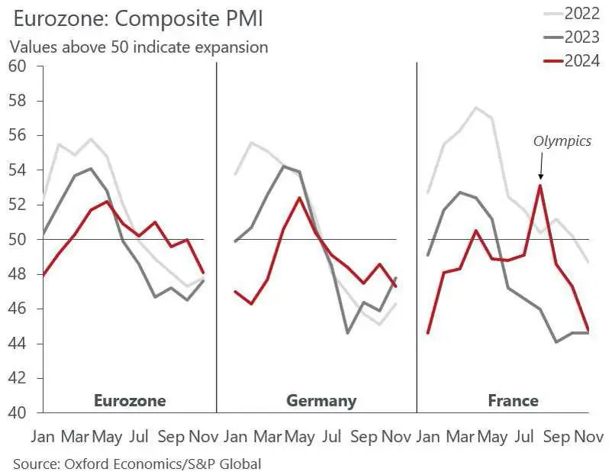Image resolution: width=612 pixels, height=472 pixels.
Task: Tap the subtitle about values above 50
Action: [x=139, y=47]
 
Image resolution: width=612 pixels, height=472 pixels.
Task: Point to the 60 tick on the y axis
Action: [x=18, y=66]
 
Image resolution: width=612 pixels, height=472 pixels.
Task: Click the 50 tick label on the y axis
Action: [x=18, y=239]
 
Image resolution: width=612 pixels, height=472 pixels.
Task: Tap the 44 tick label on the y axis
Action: [x=18, y=344]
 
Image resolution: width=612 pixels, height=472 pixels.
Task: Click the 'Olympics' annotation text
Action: [x=562, y=141]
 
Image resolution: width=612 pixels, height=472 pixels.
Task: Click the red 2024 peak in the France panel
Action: [x=540, y=185]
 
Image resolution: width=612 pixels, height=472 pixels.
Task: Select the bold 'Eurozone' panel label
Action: [x=129, y=400]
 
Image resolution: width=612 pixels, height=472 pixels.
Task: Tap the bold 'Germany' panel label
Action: [x=321, y=400]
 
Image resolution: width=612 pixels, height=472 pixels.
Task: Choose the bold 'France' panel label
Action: [x=513, y=400]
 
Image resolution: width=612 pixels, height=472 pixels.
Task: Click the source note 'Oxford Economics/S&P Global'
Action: [x=137, y=462]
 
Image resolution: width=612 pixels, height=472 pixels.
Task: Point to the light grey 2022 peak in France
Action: [x=476, y=107]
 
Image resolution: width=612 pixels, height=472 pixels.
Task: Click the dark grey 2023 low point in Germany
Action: [x=348, y=333]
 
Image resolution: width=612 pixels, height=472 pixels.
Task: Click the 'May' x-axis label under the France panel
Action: [x=492, y=438]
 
